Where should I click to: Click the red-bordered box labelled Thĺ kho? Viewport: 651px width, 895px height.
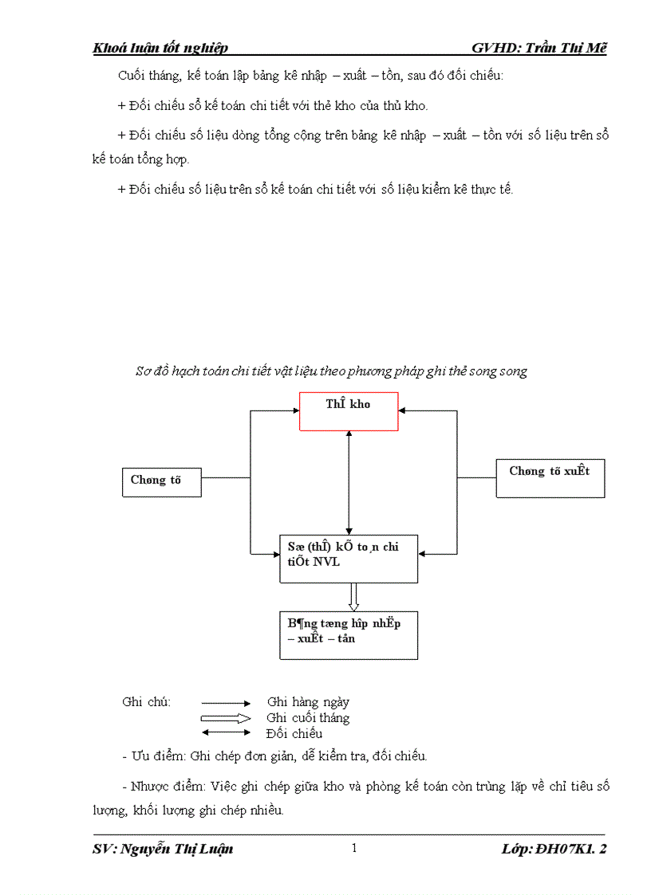click(349, 411)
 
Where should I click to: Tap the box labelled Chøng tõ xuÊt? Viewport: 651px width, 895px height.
click(550, 478)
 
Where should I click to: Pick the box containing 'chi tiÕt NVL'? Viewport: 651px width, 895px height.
click(348, 559)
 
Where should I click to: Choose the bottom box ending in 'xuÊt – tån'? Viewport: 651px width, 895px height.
click(348, 635)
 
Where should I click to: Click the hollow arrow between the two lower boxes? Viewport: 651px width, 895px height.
click(353, 597)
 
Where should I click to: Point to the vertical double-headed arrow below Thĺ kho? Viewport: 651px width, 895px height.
click(349, 483)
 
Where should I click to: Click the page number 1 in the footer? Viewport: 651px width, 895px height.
click(354, 848)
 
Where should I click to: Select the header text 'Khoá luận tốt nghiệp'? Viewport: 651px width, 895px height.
click(160, 48)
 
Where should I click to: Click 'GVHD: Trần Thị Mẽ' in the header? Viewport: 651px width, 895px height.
click(539, 48)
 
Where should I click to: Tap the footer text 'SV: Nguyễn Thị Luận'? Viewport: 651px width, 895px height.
click(163, 849)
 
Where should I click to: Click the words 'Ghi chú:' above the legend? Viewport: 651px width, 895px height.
click(147, 702)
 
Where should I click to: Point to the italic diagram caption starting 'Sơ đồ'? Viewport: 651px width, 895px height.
click(330, 371)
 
